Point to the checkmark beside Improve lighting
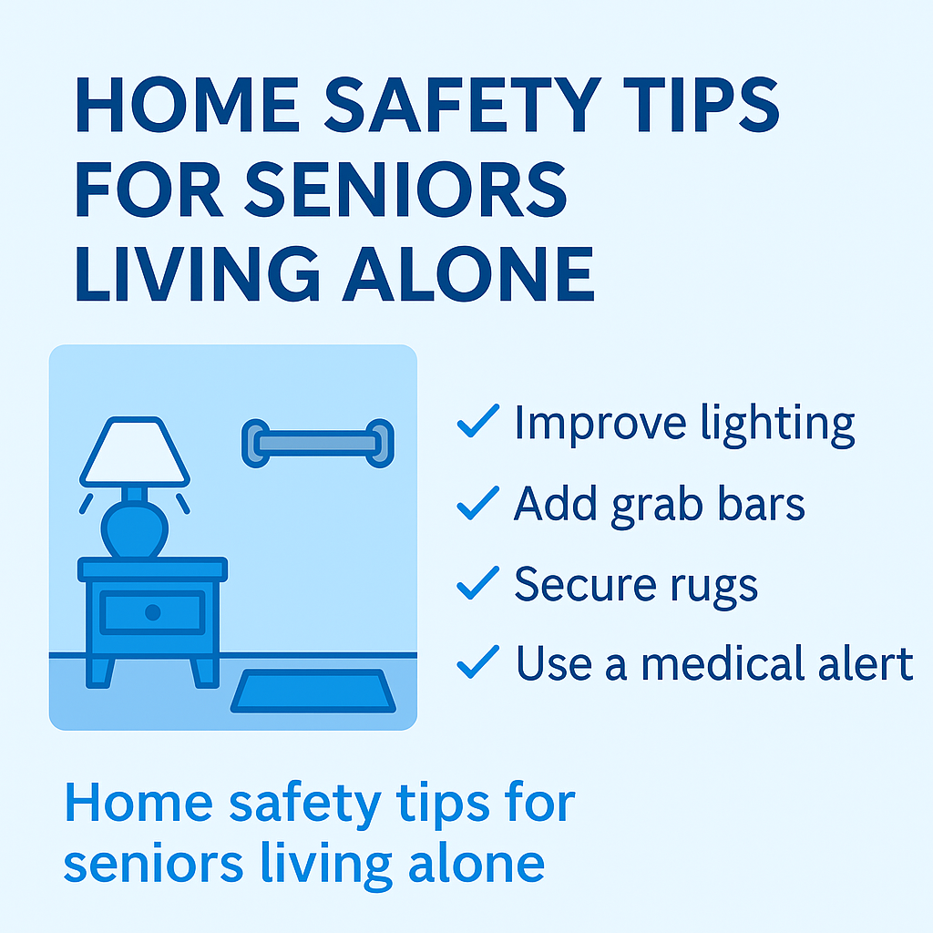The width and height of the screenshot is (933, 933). tap(477, 422)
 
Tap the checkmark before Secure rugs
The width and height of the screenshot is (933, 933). tap(477, 583)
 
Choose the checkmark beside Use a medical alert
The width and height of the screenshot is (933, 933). tap(477, 662)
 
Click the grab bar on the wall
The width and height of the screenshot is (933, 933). tap(317, 443)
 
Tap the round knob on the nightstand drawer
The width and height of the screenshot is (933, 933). tap(152, 611)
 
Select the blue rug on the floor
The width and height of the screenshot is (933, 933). tap(315, 692)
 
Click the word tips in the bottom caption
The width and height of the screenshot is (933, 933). tap(433, 804)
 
